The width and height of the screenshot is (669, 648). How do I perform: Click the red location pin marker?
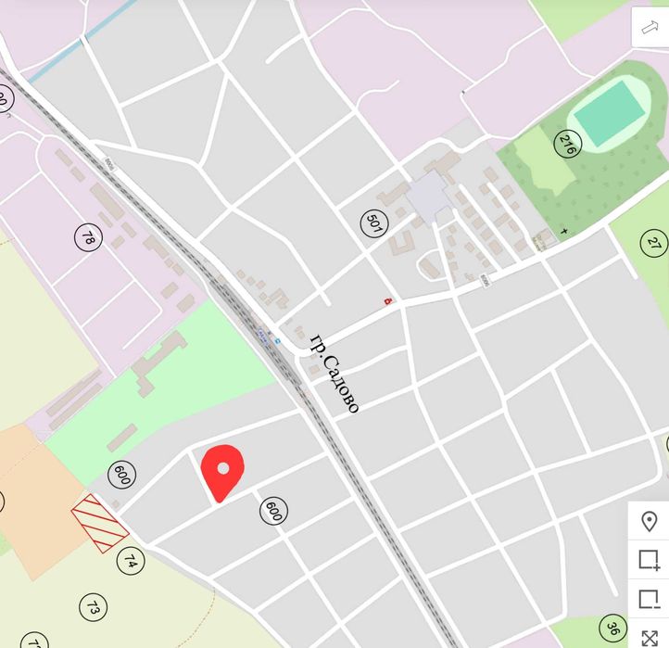pyautogui.click(x=222, y=468)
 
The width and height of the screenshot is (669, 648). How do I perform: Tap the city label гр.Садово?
pyautogui.click(x=334, y=372)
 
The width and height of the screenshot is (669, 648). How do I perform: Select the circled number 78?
pyautogui.click(x=88, y=237)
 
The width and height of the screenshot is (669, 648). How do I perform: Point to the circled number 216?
pyautogui.click(x=567, y=144)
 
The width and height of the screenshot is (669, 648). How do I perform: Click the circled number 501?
pyautogui.click(x=373, y=223)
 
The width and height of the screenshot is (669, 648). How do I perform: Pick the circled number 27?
pyautogui.click(x=654, y=243)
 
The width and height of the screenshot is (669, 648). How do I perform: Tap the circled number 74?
pyautogui.click(x=131, y=561)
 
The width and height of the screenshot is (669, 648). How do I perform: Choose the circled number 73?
pyautogui.click(x=93, y=608)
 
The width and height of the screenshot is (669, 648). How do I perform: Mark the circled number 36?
pyautogui.click(x=612, y=628)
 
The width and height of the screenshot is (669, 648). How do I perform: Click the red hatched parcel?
pyautogui.click(x=99, y=523)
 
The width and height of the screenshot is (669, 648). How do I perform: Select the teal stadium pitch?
pyautogui.click(x=608, y=112)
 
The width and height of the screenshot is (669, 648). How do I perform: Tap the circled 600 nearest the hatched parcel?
pyautogui.click(x=121, y=475)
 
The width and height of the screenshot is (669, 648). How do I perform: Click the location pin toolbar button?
pyautogui.click(x=649, y=521)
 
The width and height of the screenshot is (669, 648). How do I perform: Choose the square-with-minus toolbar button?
pyautogui.click(x=649, y=599)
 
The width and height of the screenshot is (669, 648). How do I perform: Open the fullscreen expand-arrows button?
pyautogui.click(x=649, y=638)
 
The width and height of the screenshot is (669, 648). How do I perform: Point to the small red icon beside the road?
pyautogui.click(x=388, y=299)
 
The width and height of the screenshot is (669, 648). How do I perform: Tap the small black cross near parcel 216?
pyautogui.click(x=564, y=230)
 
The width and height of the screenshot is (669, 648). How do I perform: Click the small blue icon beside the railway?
pyautogui.click(x=276, y=340)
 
